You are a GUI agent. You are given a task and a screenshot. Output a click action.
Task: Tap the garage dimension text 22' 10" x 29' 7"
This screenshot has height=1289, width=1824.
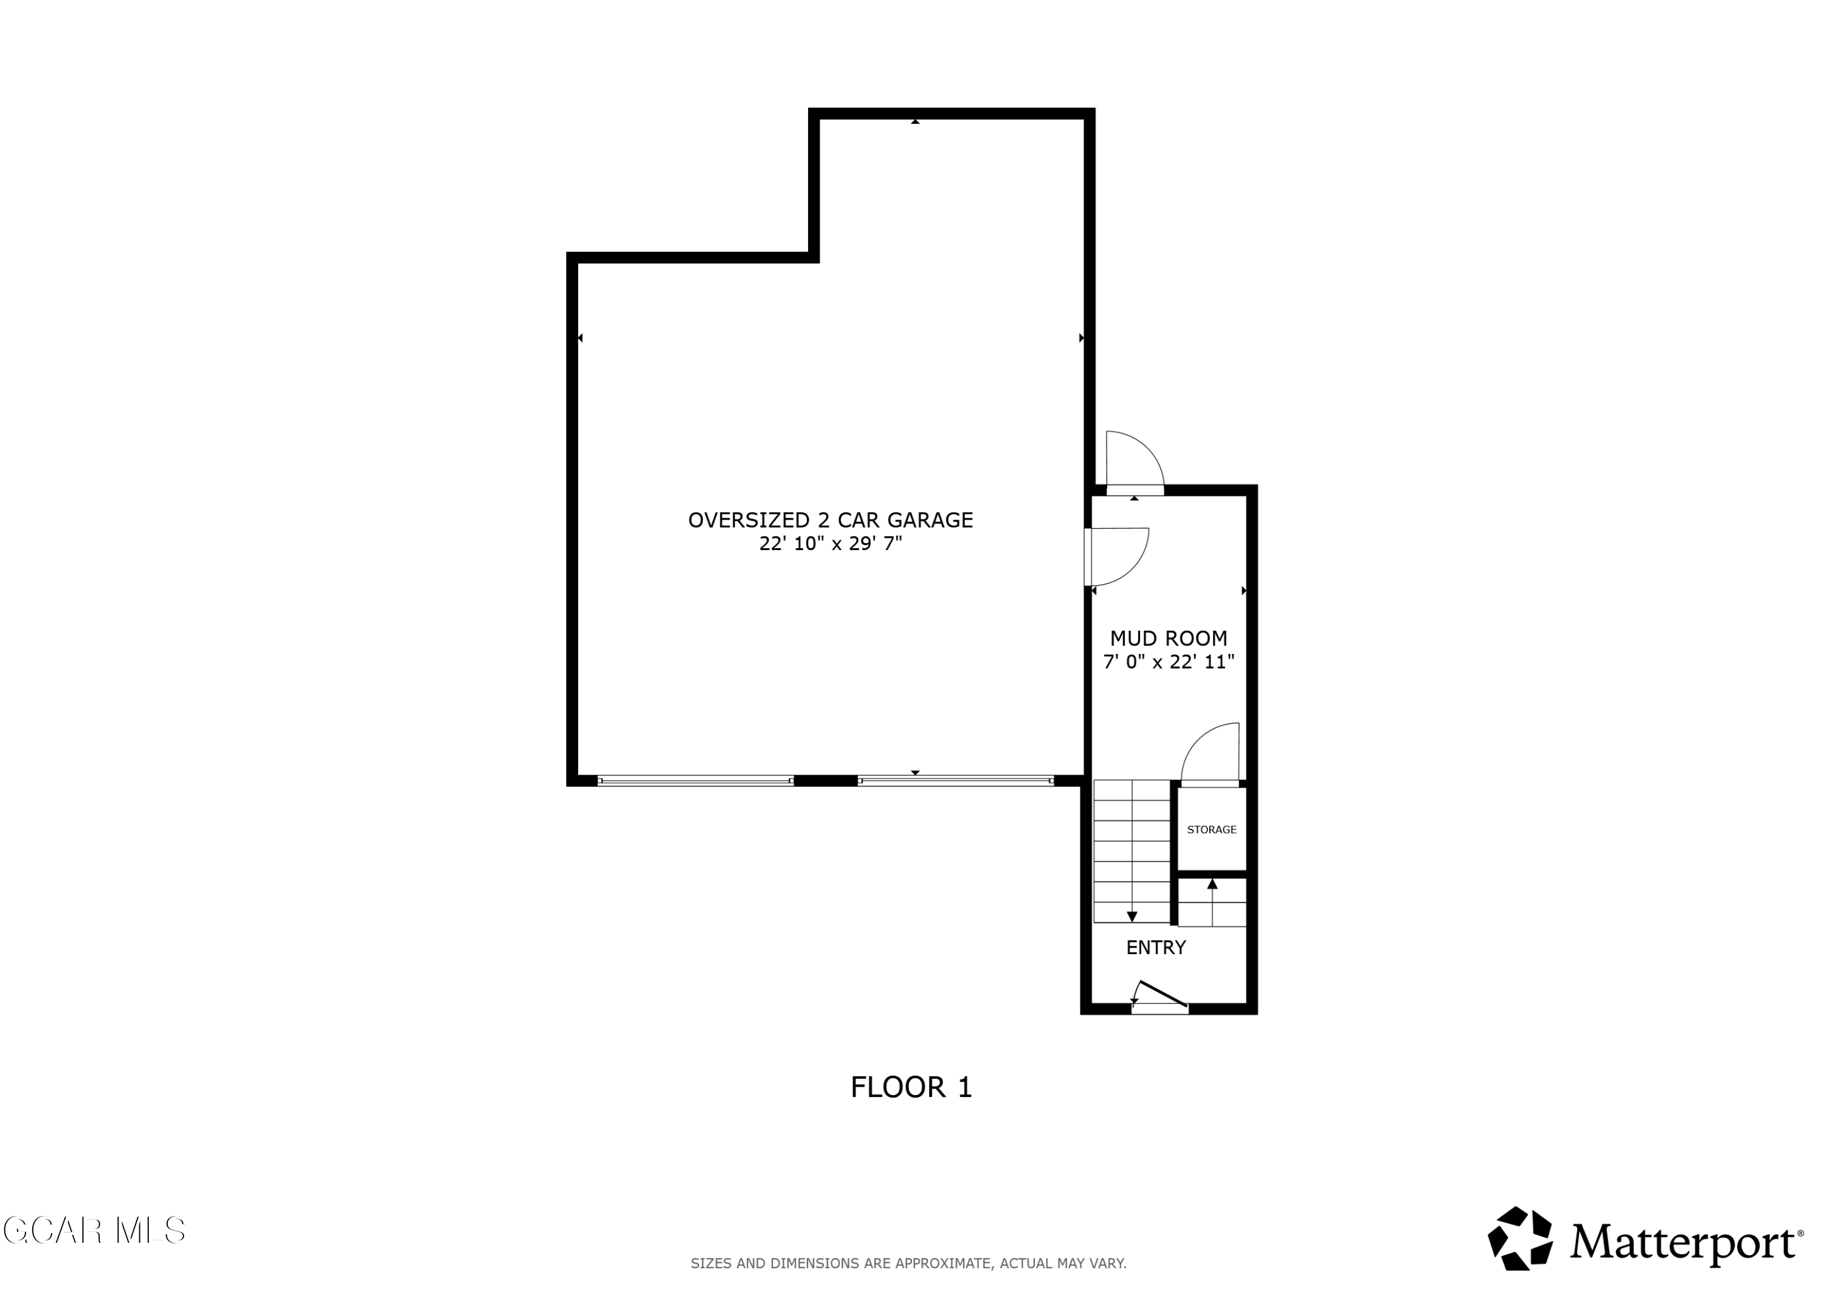pyautogui.click(x=831, y=544)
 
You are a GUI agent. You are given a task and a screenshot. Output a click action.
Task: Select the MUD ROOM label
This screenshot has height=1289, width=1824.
pyautogui.click(x=1169, y=638)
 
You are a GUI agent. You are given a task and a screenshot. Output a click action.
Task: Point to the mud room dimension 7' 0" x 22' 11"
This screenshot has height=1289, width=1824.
pyautogui.click(x=1169, y=662)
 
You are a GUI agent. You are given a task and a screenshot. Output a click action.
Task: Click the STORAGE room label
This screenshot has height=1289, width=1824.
pyautogui.click(x=1212, y=829)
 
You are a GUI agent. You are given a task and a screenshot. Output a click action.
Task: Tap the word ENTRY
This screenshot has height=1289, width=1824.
pyautogui.click(x=1156, y=947)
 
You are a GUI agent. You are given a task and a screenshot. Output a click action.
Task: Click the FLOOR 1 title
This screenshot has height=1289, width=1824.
pyautogui.click(x=911, y=1087)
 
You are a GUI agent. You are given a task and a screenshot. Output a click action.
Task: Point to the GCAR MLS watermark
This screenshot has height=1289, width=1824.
pyautogui.click(x=94, y=1230)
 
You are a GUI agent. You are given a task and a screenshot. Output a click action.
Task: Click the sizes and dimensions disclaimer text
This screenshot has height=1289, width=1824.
pyautogui.click(x=908, y=1263)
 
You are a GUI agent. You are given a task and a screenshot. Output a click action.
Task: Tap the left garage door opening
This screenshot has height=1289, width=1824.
pyautogui.click(x=695, y=781)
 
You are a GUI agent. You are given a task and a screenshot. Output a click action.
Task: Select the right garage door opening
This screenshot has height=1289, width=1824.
pyautogui.click(x=956, y=781)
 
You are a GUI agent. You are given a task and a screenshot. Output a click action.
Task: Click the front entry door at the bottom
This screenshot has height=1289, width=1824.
pyautogui.click(x=1160, y=997)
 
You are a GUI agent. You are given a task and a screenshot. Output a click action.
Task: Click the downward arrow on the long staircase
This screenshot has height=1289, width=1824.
pyautogui.click(x=1132, y=916)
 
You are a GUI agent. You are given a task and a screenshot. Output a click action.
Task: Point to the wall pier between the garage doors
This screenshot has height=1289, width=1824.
pyautogui.click(x=826, y=781)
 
